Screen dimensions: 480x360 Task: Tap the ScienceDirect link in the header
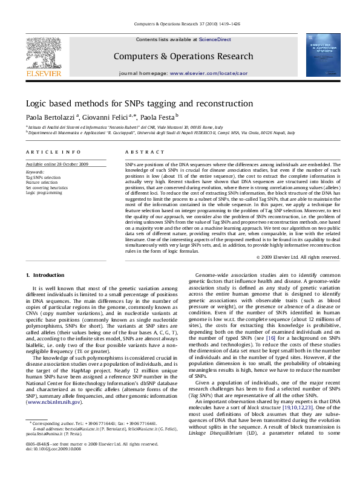(x=215, y=39)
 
